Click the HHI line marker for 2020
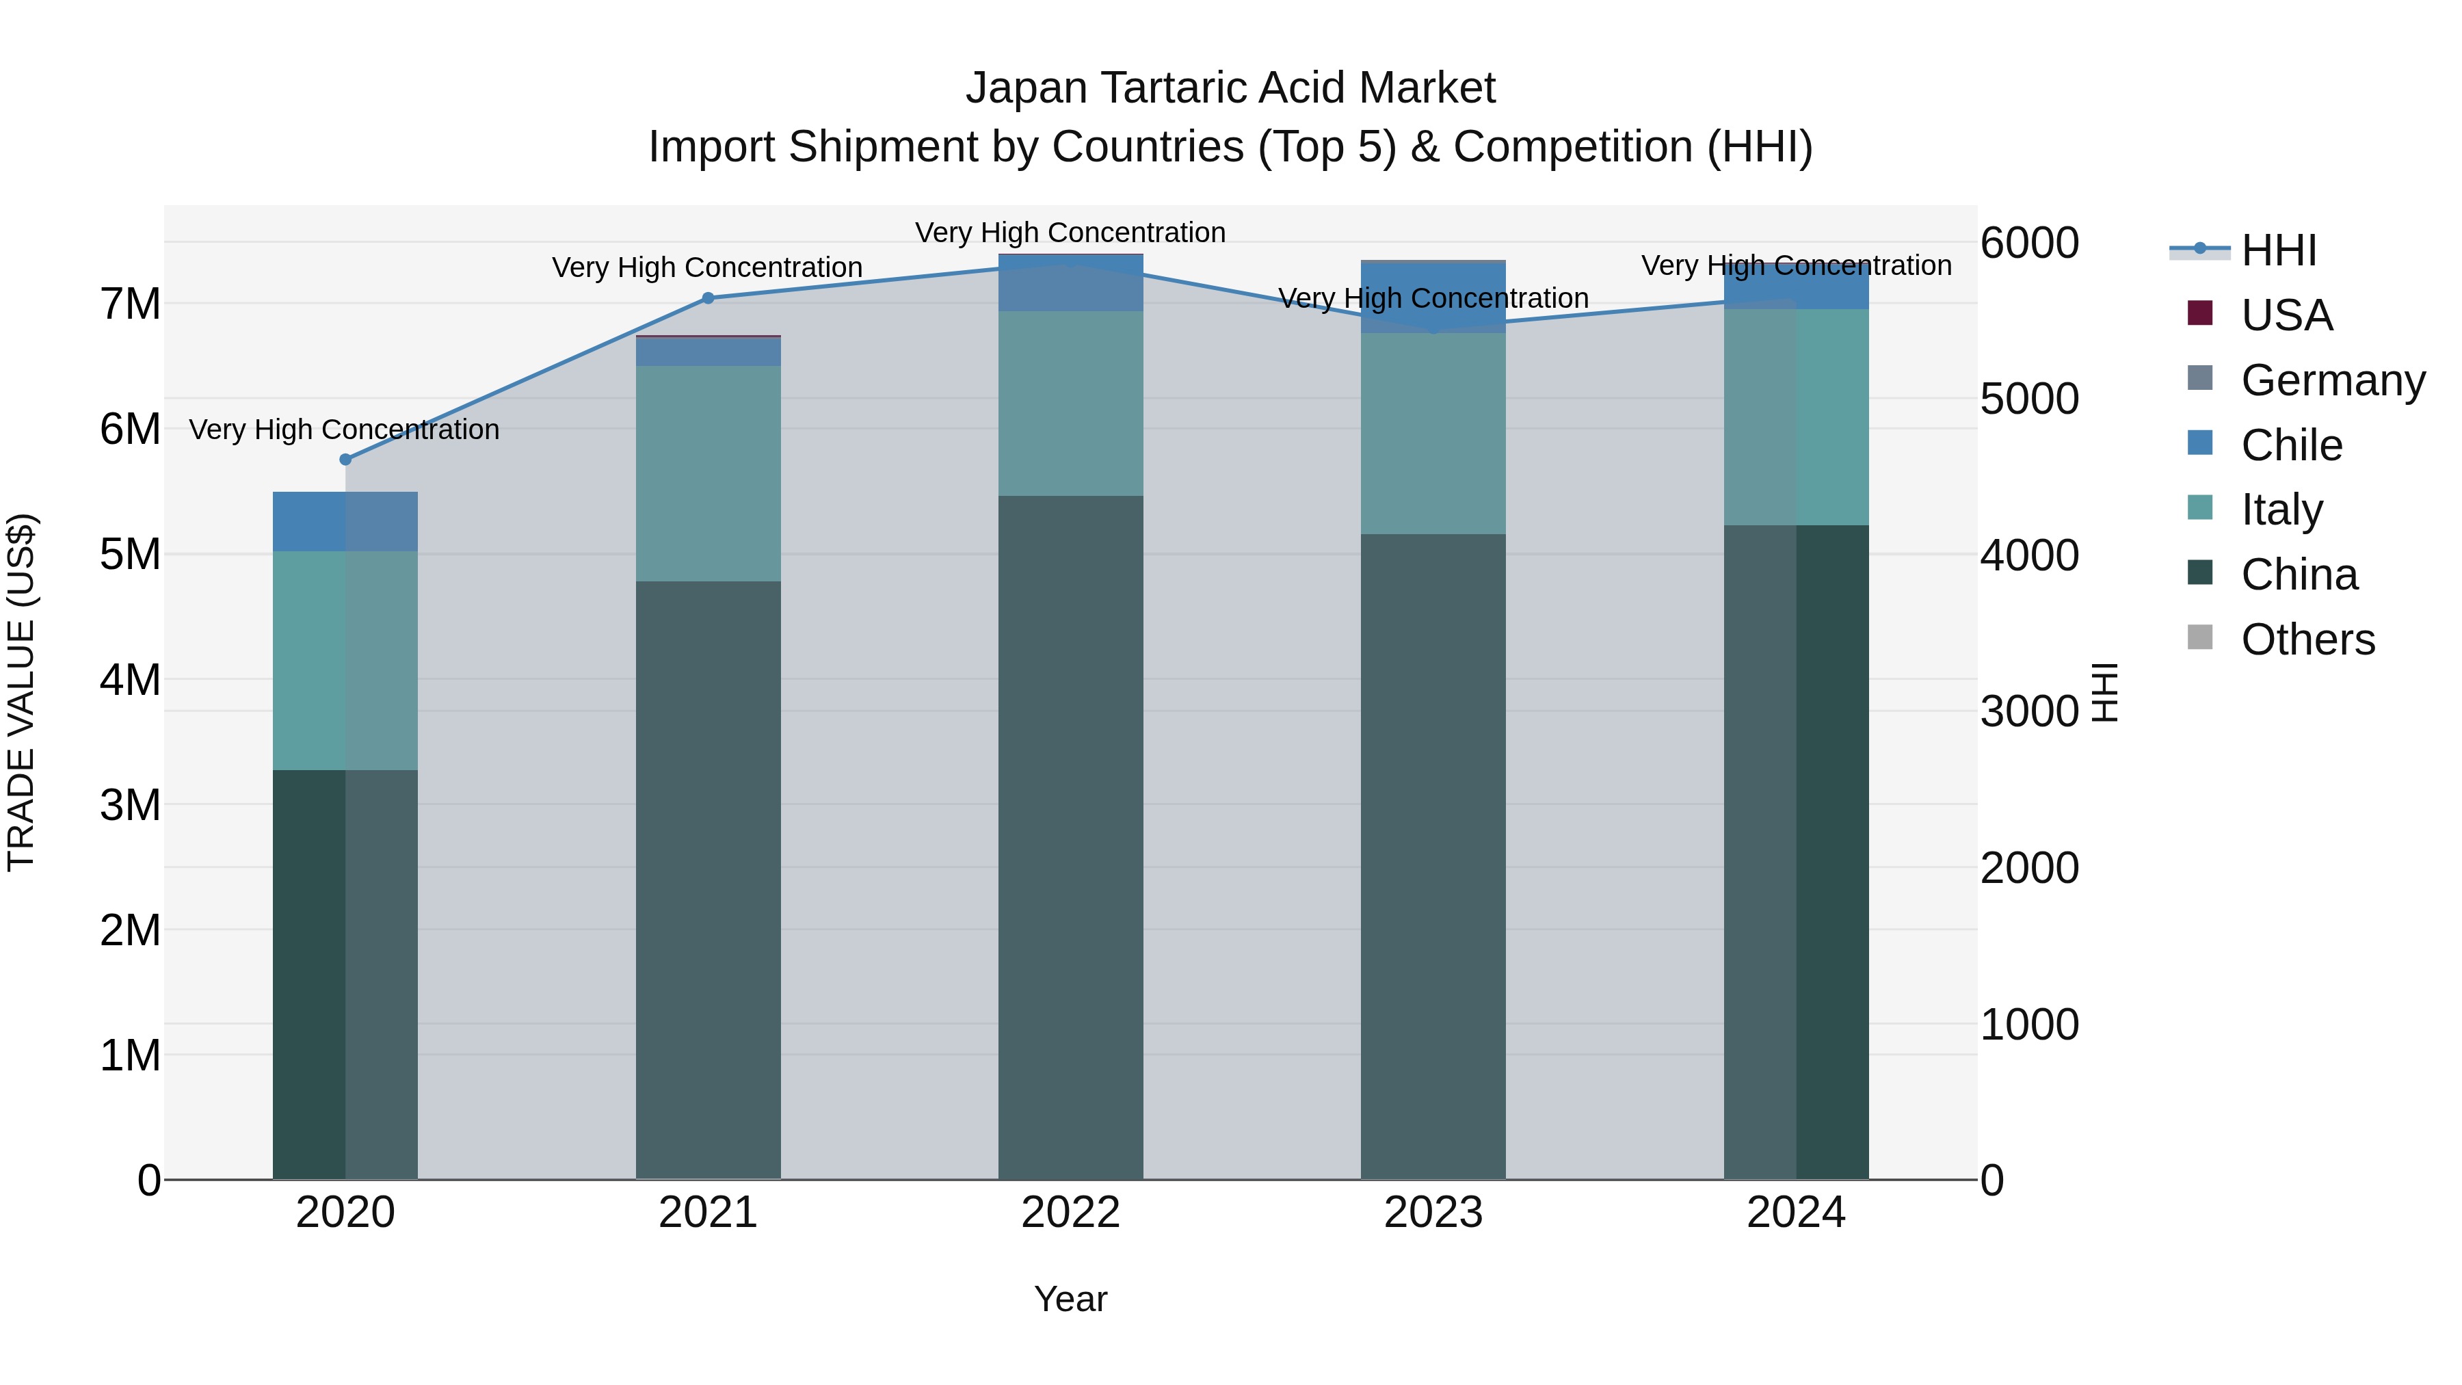346,460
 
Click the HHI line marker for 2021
709,298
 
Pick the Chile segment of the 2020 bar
345,522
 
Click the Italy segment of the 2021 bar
709,473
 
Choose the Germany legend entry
2332,380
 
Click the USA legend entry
2286,315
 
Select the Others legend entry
2307,639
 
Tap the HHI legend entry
2279,250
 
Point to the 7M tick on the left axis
130,304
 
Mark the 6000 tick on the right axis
2028,243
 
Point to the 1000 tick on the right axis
2028,1025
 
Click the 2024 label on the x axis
1796,1213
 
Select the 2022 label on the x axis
1070,1213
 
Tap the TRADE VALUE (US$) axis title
21,692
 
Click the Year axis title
1070,1299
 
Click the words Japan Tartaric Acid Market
1230,88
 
